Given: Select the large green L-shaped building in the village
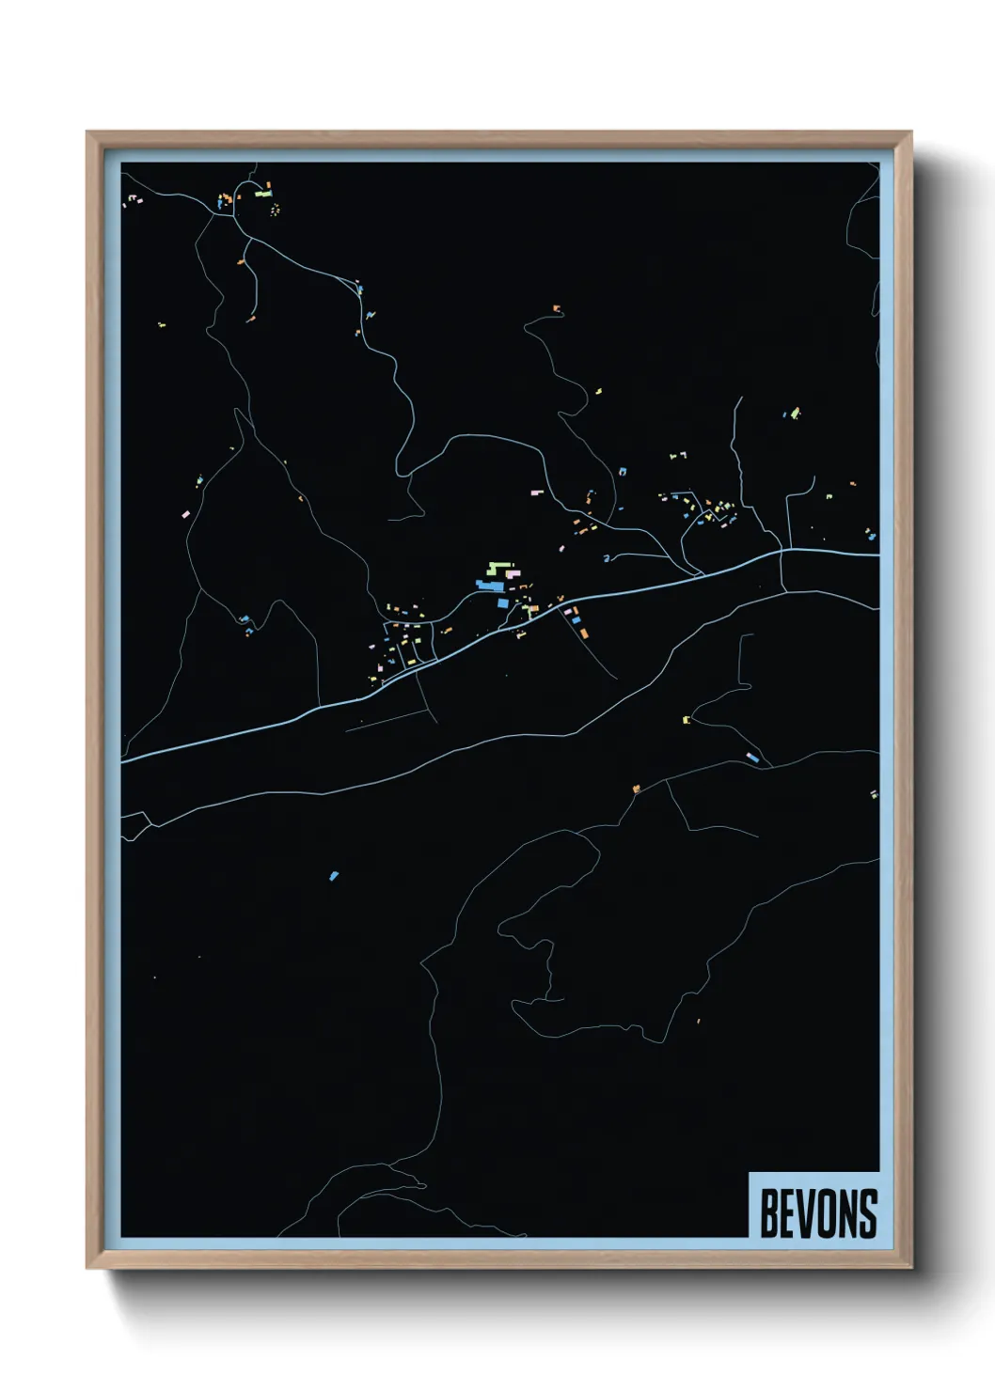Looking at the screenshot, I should click(x=496, y=567).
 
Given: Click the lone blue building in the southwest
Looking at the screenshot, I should click(x=333, y=876).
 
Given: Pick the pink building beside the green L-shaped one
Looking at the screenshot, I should click(x=513, y=572).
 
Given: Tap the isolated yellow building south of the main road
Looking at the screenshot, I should click(x=686, y=720).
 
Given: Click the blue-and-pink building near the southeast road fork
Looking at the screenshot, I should click(x=751, y=757).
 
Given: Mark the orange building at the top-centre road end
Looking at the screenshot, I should click(x=556, y=307).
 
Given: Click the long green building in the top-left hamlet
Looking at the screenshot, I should click(x=262, y=195).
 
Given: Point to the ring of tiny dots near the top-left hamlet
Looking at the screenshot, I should click(x=275, y=210).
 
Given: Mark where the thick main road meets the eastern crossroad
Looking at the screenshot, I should click(x=783, y=552).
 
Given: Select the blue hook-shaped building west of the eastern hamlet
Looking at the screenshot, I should click(x=608, y=558).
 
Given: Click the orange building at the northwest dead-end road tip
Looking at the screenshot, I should click(x=250, y=320).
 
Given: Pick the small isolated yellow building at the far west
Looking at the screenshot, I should click(x=162, y=324).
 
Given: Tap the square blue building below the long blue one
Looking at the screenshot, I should click(x=502, y=602).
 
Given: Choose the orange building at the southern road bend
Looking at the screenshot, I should click(x=637, y=788).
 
